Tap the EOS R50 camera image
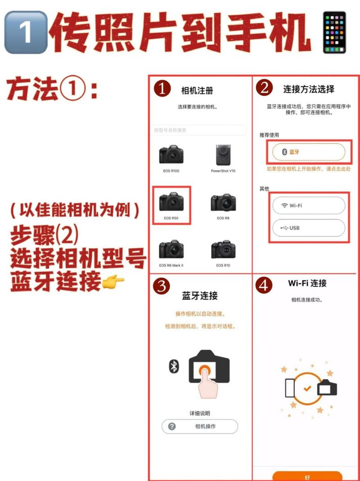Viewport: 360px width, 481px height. coord(171,202)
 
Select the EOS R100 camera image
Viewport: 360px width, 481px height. coord(171,154)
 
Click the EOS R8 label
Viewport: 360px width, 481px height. coord(223,218)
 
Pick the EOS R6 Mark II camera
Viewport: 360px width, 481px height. coord(171,249)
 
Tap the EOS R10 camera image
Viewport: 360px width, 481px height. coord(223,249)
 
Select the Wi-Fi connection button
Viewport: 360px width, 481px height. coord(309,205)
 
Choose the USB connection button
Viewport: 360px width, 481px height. coord(309,228)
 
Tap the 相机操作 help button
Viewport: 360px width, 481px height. coord(200,426)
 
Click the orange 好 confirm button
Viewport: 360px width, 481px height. coord(307,476)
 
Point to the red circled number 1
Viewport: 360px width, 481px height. coord(162,89)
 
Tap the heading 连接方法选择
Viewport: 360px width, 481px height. coord(309,89)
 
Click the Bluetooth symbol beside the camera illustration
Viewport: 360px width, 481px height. coord(174,367)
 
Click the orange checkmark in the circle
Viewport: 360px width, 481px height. coord(307,388)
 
